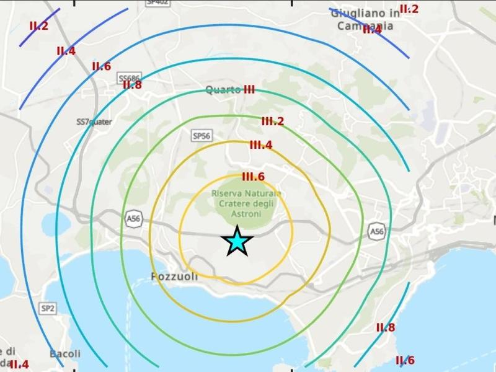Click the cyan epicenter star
tap(236, 241)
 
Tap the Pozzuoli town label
tap(174, 277)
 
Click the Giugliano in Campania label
tap(362, 19)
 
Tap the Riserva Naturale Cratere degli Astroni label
tap(246, 203)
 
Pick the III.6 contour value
tap(253, 177)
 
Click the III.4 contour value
tap(260, 145)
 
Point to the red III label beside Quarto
tap(249, 90)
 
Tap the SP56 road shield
tap(201, 135)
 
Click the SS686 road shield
tap(128, 77)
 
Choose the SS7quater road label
tap(94, 122)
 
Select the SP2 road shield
tap(48, 308)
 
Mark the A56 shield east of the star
tap(376, 231)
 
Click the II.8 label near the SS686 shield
tap(132, 85)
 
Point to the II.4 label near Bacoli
tap(19, 365)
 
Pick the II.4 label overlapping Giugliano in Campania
tap(372, 29)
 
